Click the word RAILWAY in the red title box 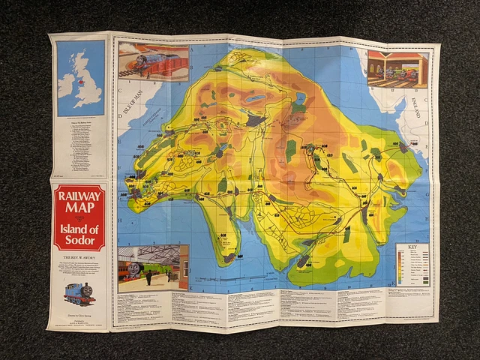pyautogui.click(x=79, y=196)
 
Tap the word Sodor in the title pyautogui.click(x=79, y=240)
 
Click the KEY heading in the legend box pyautogui.click(x=412, y=247)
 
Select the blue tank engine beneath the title pyautogui.click(x=79, y=292)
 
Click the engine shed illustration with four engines pyautogui.click(x=397, y=70)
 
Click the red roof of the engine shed pyautogui.click(x=397, y=55)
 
